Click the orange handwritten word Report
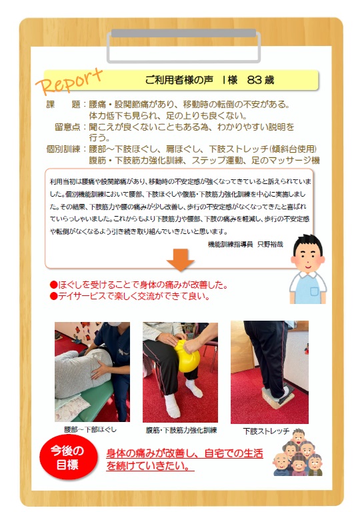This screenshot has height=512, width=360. click(x=69, y=81)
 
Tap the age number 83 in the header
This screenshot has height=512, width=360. click(x=254, y=80)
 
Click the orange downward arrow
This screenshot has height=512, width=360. click(x=180, y=259)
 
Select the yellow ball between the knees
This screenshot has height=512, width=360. click(x=187, y=356)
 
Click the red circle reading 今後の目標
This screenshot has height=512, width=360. click(x=68, y=457)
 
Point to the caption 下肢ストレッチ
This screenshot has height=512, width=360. click(x=266, y=431)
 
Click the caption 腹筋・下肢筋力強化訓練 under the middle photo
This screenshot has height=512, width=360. click(x=181, y=431)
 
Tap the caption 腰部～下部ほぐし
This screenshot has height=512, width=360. click(x=91, y=430)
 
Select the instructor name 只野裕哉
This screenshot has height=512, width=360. click(x=270, y=244)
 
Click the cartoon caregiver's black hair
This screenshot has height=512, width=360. click(x=308, y=242)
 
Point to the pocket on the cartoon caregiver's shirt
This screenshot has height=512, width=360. click(x=314, y=291)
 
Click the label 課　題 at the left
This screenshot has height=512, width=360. click(x=63, y=105)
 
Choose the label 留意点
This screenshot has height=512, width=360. click(x=67, y=127)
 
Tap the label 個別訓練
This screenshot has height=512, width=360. click(x=63, y=149)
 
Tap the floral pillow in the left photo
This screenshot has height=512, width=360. click(x=73, y=407)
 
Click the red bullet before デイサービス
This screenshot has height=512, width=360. click(x=53, y=297)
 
